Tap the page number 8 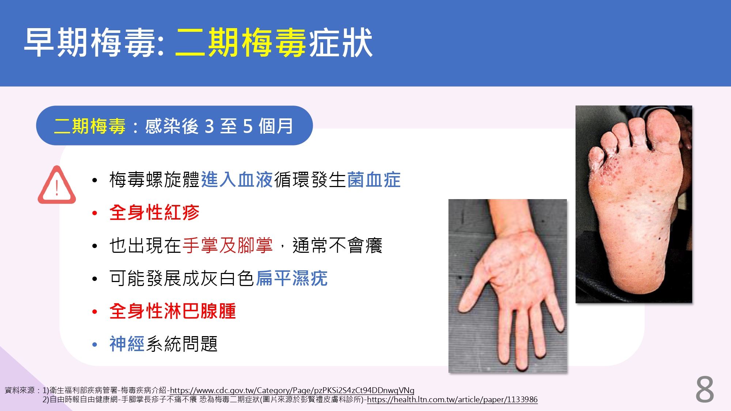pos(705,390)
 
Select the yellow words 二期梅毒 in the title pos(241,43)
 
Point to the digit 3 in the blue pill pos(209,126)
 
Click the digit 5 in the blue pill pos(248,126)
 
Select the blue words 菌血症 pos(374,180)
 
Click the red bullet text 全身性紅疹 pos(154,212)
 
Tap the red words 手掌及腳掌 pos(228,245)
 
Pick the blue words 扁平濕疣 pos(292,278)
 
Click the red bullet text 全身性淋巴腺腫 pos(173,311)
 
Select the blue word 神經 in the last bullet pos(127,344)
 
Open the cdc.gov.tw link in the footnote pos(292,390)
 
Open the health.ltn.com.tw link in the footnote pos(452,399)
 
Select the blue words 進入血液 pos(237,180)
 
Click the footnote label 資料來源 pos(20,390)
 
